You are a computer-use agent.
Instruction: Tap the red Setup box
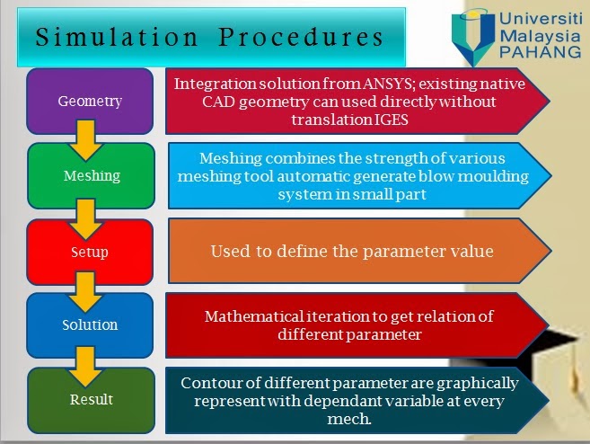tap(89, 252)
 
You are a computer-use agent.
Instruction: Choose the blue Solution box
tap(89, 324)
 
